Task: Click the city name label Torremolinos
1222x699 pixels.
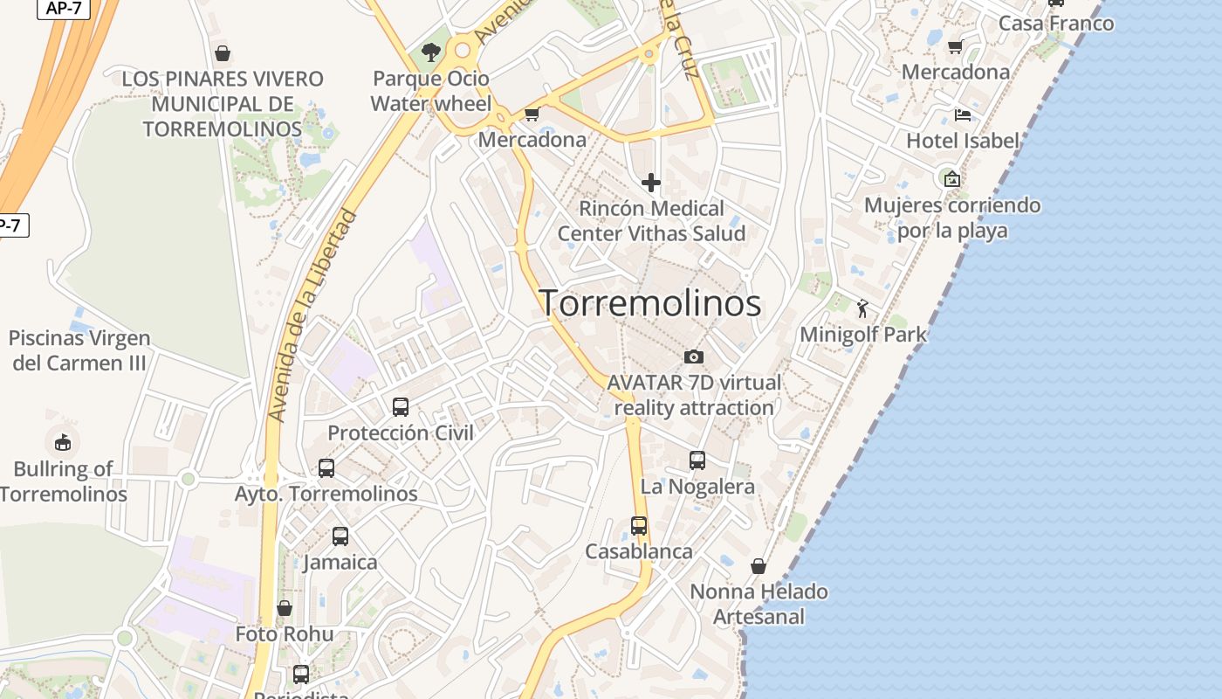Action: [x=650, y=303]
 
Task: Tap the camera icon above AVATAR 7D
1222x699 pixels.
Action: [x=694, y=356]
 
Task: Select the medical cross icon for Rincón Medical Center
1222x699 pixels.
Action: [x=651, y=183]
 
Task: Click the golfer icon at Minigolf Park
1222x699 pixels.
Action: [x=862, y=308]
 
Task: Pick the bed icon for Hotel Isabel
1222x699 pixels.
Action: [x=962, y=114]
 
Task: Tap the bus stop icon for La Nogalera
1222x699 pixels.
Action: [x=697, y=460]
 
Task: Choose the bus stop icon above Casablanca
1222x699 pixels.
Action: [x=639, y=525]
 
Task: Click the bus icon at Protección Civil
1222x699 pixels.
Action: [x=401, y=406]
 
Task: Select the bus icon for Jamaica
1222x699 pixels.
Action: [x=340, y=536]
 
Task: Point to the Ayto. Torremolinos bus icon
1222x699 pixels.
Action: [x=326, y=467]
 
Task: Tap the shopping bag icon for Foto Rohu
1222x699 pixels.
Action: [x=285, y=607]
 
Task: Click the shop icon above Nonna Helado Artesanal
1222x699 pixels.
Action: [x=759, y=566]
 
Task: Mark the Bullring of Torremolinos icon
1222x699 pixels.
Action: [x=63, y=442]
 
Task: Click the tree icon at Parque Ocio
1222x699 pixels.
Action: [x=430, y=52]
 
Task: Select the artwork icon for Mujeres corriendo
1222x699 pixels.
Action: [x=951, y=179]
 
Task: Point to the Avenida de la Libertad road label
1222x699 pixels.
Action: [x=314, y=315]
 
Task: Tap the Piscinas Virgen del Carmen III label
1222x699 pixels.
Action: [x=79, y=350]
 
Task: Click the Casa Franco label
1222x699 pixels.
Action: [x=1056, y=24]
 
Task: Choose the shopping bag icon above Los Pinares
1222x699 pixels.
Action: [x=223, y=53]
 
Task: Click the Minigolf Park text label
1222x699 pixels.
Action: [x=863, y=335]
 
